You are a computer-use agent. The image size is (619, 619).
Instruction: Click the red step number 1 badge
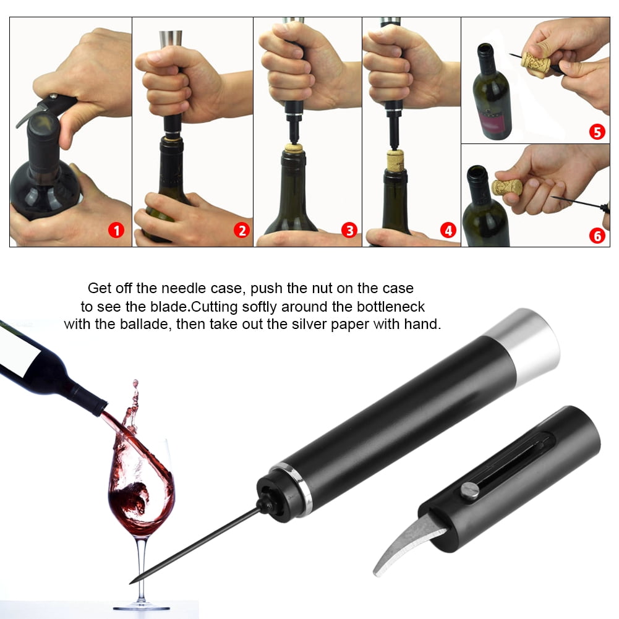tap(116, 231)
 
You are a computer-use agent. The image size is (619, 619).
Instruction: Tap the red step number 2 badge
tap(241, 231)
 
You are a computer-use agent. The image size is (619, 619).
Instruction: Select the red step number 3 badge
tap(349, 231)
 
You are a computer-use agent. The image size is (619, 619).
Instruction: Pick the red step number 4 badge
tap(448, 231)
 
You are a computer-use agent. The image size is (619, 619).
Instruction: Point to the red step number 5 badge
tap(597, 132)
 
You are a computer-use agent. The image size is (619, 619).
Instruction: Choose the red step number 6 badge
tap(597, 236)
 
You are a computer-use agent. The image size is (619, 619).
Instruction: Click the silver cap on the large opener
tap(527, 342)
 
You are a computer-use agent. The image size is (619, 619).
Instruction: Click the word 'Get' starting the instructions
tap(100, 288)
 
